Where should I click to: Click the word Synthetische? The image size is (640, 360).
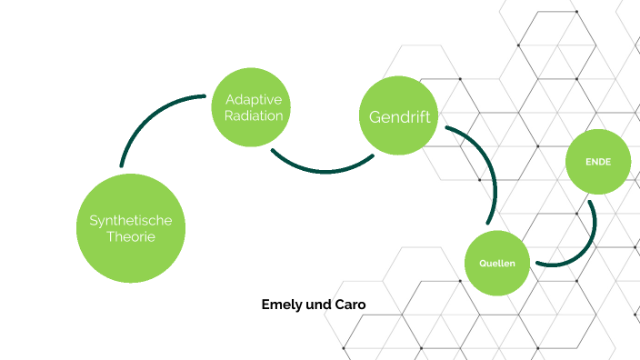click(x=131, y=220)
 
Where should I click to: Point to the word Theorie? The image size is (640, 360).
click(x=131, y=237)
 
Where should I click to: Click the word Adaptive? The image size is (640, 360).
click(x=254, y=99)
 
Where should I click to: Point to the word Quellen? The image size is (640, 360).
click(x=497, y=264)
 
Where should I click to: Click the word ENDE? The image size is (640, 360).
click(x=597, y=162)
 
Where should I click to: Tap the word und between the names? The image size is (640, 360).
click(x=319, y=305)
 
